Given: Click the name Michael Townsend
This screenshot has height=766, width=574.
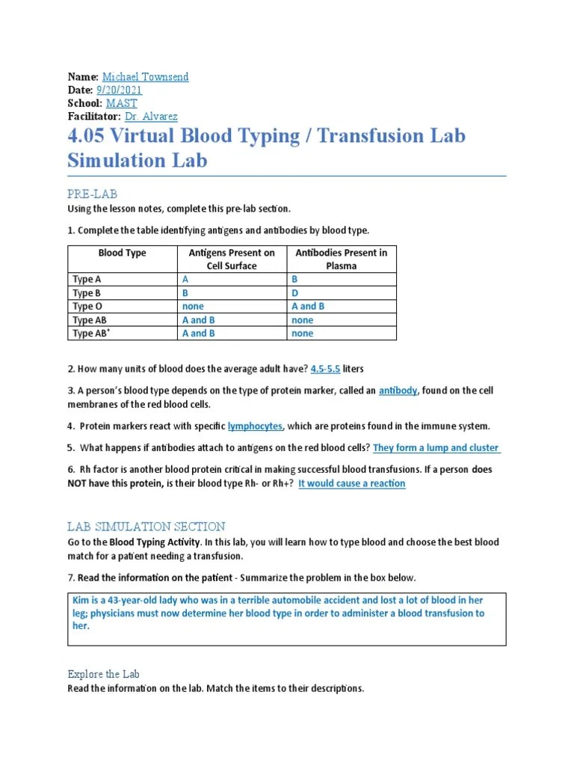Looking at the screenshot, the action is click(145, 77).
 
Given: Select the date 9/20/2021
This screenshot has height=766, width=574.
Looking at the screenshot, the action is click(119, 90).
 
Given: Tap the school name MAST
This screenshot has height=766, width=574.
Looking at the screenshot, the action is click(122, 103).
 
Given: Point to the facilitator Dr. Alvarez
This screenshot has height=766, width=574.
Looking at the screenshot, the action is click(151, 116).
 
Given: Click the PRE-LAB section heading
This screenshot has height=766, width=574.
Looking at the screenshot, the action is click(92, 194).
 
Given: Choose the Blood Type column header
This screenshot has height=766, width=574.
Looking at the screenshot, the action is click(122, 253).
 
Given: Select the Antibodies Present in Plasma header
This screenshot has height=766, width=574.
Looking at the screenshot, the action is click(341, 259).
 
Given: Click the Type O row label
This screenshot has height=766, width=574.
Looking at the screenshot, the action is click(87, 306).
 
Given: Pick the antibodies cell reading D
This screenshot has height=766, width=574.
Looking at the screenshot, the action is click(294, 293).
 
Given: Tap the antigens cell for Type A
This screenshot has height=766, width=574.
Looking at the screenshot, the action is click(185, 280).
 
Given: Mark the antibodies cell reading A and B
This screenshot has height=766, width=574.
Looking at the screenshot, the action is click(308, 306).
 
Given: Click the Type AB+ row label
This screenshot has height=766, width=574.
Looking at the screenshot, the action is click(91, 333).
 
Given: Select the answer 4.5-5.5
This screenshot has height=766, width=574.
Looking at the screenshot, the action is click(325, 369).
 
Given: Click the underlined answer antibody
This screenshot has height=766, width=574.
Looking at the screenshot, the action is click(398, 390).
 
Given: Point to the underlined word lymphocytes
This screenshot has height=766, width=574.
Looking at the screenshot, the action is click(255, 426).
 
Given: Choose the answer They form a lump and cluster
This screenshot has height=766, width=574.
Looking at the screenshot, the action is click(436, 448).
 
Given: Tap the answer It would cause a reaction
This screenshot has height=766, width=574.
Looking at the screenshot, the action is click(352, 484).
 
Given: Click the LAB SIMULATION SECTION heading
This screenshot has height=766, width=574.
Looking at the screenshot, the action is click(146, 527).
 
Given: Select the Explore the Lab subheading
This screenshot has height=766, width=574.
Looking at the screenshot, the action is click(103, 674).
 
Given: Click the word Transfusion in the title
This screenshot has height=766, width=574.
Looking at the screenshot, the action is click(371, 136).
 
